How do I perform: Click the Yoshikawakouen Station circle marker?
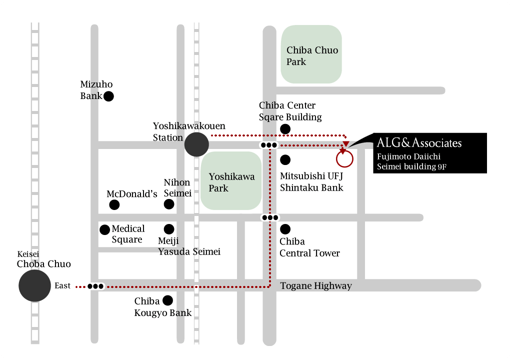(x=196, y=144)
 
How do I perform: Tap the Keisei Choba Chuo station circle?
(x=34, y=285)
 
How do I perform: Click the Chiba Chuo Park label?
(x=312, y=56)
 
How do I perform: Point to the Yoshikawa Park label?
(x=231, y=182)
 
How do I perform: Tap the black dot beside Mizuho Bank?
(x=108, y=96)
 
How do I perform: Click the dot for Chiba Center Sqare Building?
(x=285, y=129)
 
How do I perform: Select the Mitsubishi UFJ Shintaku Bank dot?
(x=285, y=159)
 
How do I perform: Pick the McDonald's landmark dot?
(x=114, y=205)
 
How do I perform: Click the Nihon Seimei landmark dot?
(x=169, y=204)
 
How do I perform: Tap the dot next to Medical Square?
(x=104, y=229)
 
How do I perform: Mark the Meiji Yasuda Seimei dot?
(x=169, y=229)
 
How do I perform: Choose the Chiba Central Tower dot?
(x=285, y=229)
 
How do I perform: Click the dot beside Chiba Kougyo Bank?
(x=167, y=300)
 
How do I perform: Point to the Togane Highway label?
(x=316, y=286)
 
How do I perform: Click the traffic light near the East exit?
(x=95, y=286)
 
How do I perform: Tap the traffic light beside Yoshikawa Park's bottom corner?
(x=270, y=217)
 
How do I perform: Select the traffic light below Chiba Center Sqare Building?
(x=268, y=145)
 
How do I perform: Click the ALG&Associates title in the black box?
(x=419, y=143)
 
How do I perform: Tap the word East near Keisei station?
(x=62, y=286)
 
